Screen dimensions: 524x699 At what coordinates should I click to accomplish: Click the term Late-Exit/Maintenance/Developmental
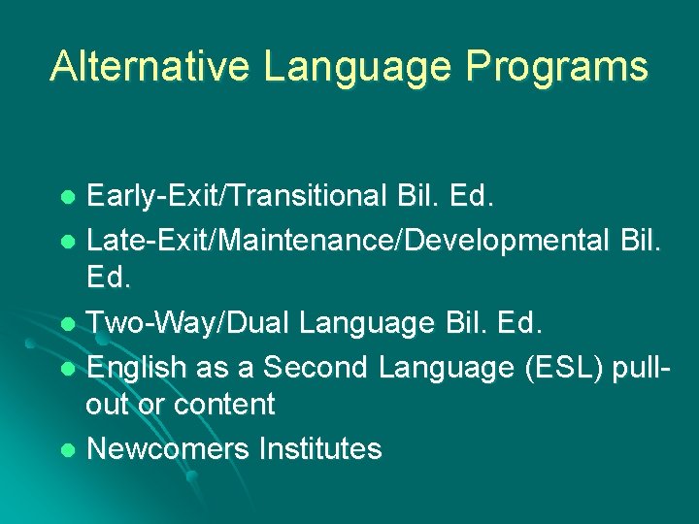(x=348, y=238)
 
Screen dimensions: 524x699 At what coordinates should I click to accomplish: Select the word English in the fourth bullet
(x=137, y=367)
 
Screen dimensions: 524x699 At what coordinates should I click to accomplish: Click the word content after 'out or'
(x=224, y=405)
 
